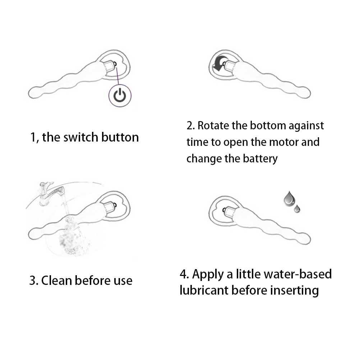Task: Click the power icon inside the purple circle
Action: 120,96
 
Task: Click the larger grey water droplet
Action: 289,199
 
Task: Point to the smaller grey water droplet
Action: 297,209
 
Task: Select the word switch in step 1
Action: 80,137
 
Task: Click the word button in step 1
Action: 120,137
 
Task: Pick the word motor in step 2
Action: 283,142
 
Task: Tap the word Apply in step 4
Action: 208,275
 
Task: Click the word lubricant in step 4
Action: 204,290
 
